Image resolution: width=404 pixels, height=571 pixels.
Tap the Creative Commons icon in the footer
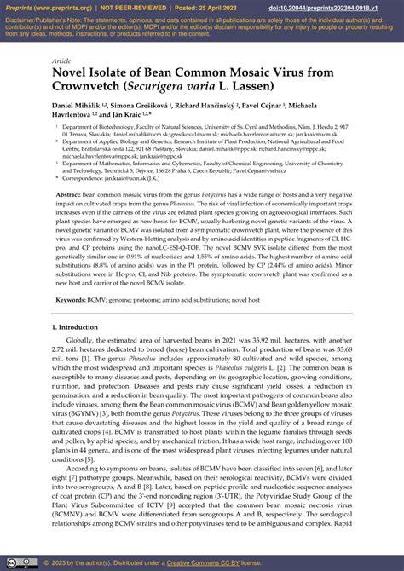[x=11, y=562]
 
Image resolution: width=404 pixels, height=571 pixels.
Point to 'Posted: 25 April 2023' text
[x=192, y=6]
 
